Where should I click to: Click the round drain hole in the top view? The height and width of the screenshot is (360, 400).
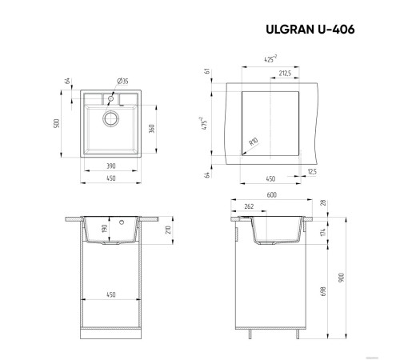[110, 119]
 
